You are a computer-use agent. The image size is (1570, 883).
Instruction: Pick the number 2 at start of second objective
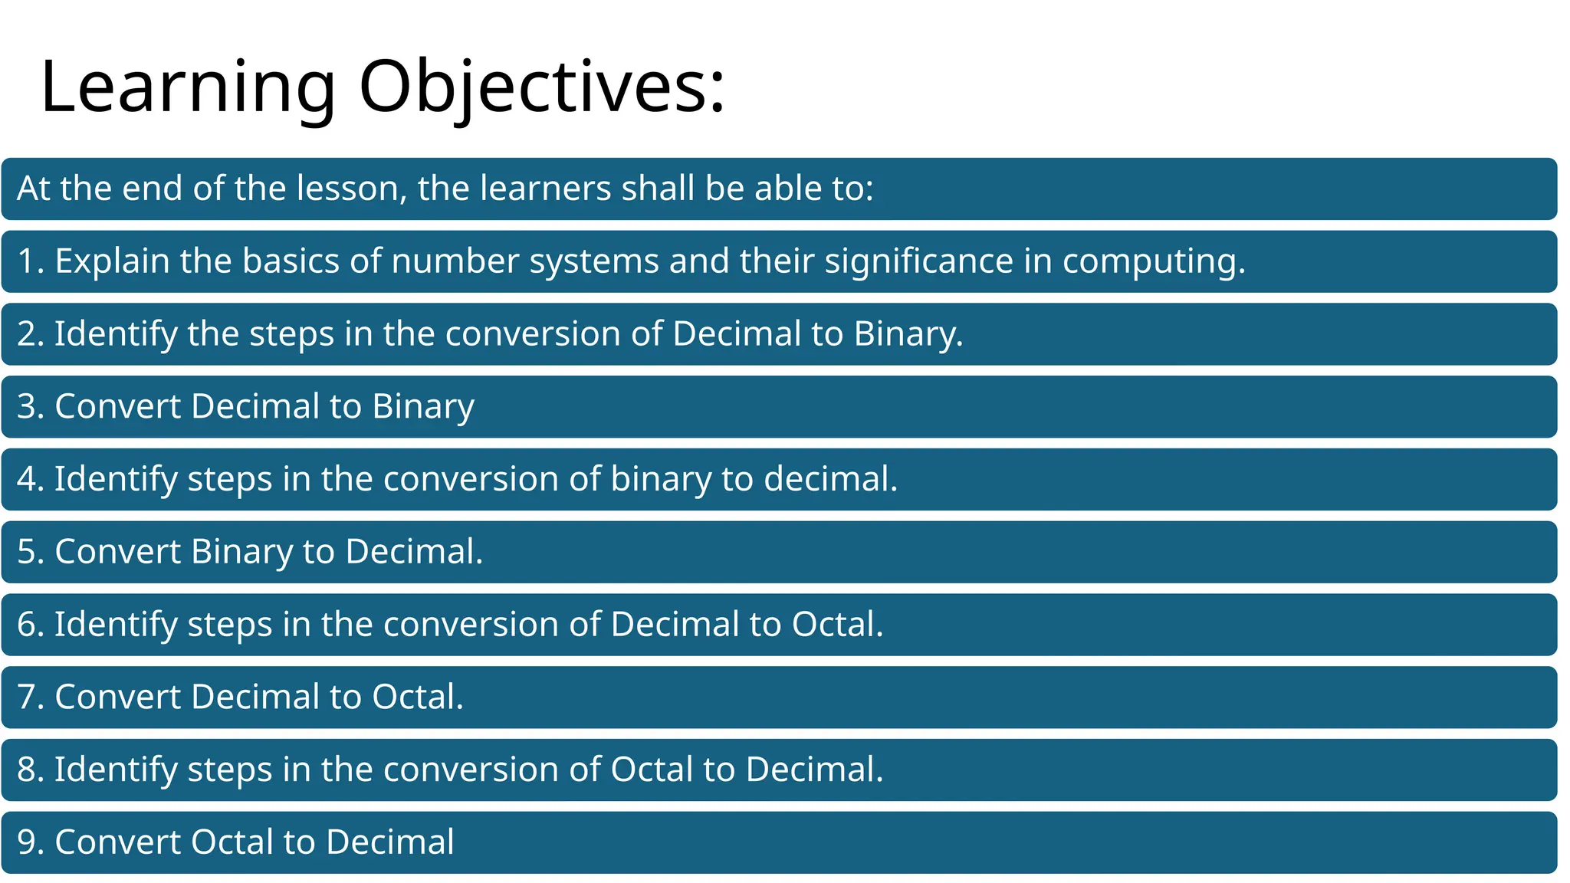pyautogui.click(x=26, y=334)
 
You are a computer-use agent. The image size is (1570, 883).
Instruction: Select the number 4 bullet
pyautogui.click(x=26, y=479)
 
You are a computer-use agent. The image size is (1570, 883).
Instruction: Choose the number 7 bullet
pyautogui.click(x=26, y=698)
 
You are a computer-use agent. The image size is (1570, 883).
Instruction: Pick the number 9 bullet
pyautogui.click(x=26, y=842)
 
